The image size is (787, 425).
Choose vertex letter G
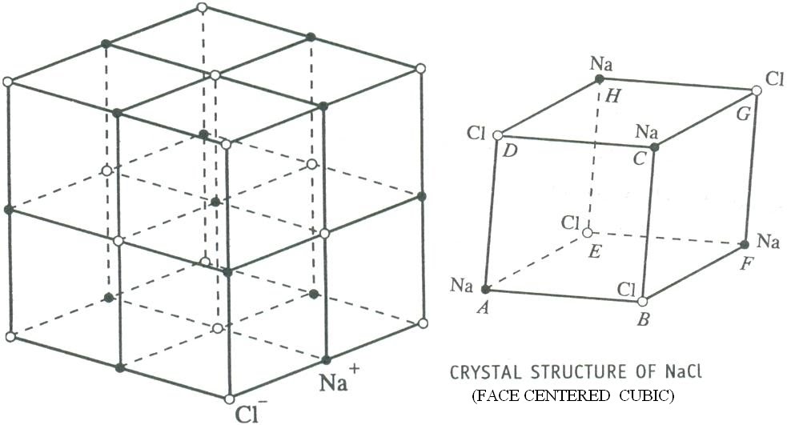tap(744, 116)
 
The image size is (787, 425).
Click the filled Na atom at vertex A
tap(485, 289)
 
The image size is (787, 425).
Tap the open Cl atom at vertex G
tap(756, 90)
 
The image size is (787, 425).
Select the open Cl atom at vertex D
tap(497, 135)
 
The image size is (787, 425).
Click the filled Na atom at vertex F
tap(745, 244)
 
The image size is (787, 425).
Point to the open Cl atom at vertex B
tap(642, 301)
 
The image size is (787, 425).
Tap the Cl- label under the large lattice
tap(251, 414)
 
